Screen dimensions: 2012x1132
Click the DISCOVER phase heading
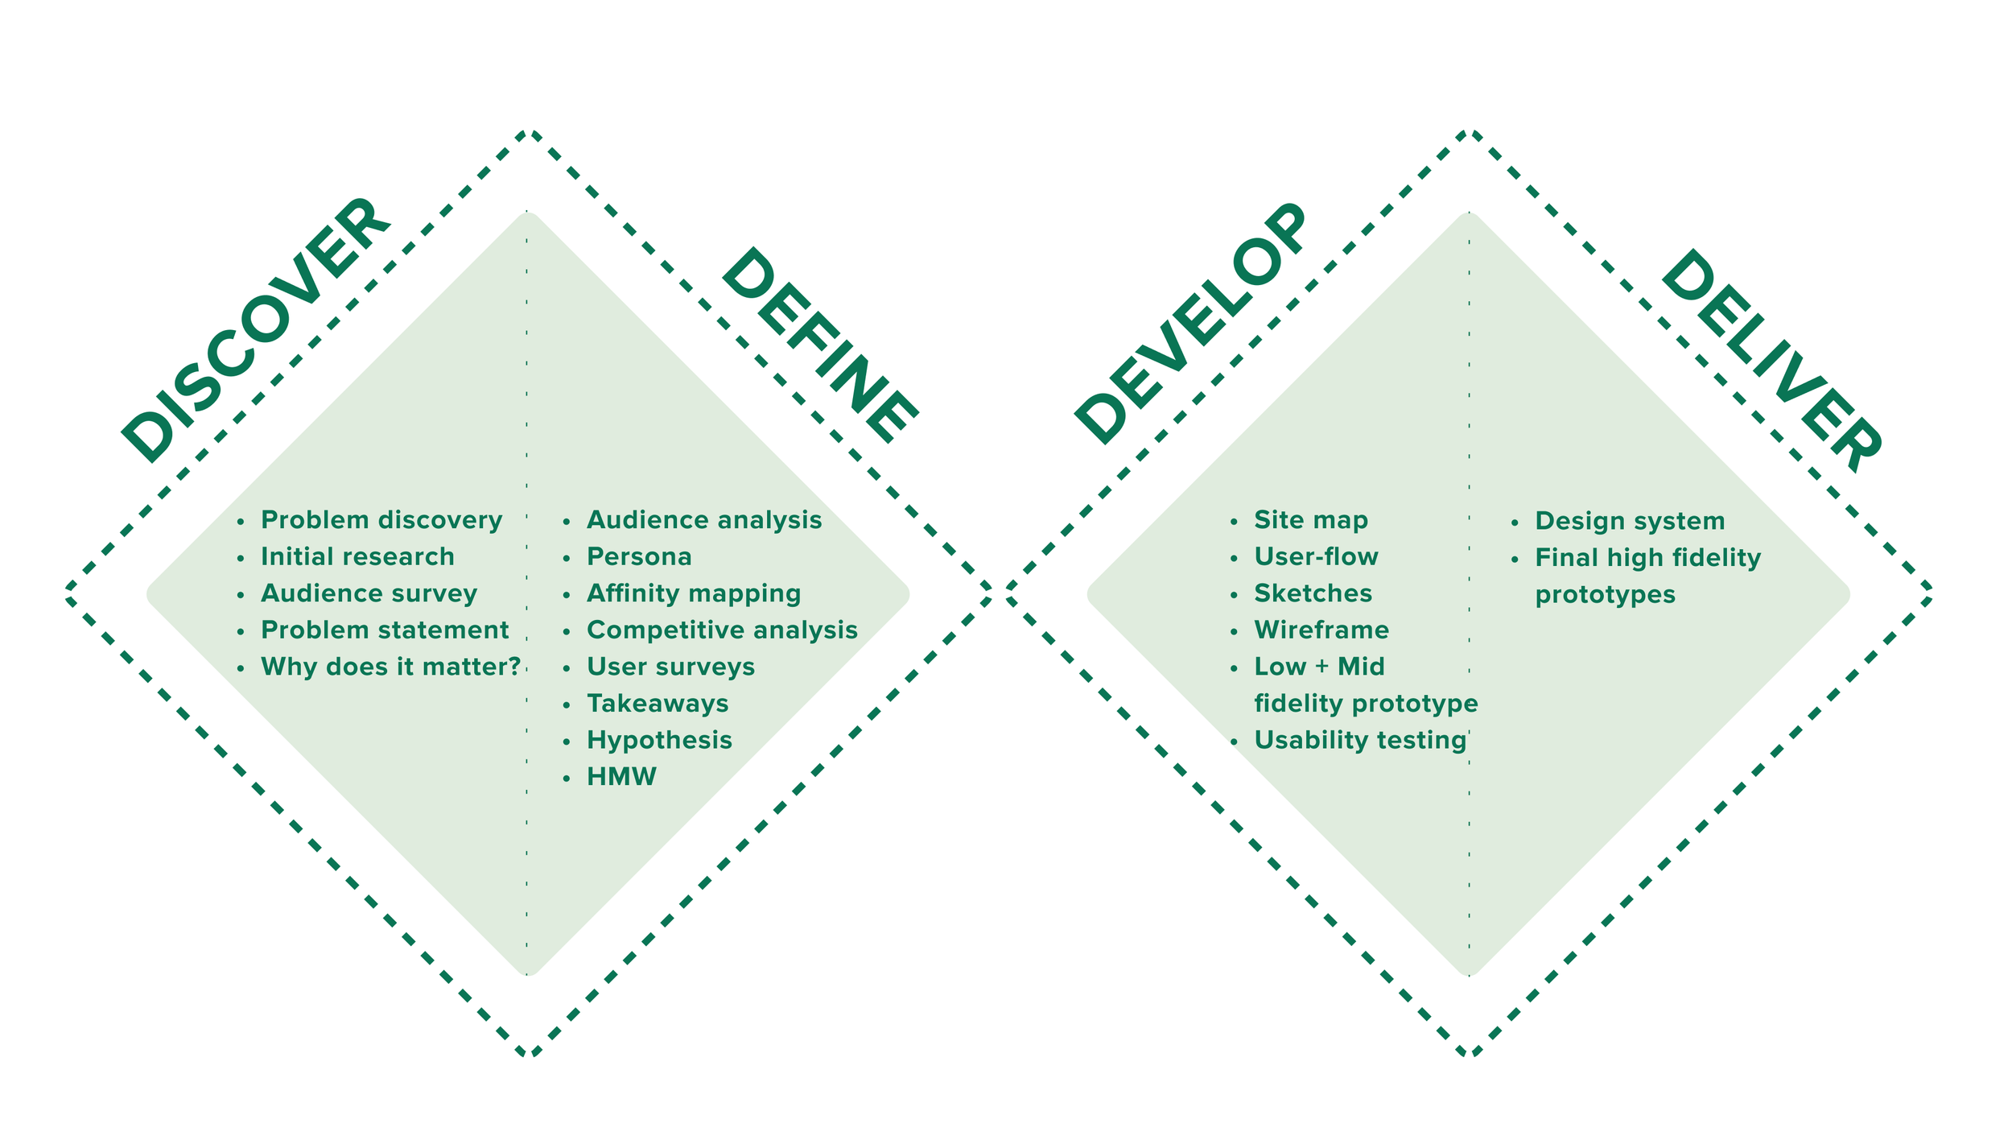256,330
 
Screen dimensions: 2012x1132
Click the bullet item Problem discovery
381,520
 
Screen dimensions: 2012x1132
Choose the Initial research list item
357,556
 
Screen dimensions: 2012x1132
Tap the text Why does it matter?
391,667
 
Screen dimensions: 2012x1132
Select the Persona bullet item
639,556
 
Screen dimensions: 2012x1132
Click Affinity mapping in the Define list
694,593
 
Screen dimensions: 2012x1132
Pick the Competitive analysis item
722,630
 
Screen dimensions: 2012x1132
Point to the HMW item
621,777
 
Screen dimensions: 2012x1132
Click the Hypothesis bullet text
659,740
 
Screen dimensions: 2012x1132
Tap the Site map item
1311,520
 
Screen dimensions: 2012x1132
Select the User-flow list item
1316,556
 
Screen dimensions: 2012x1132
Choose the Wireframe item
1321,630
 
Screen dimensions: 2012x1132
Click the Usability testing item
1360,740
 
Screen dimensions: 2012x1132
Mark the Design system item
1630,521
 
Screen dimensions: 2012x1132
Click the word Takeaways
658,704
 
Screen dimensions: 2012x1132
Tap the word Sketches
1313,593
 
